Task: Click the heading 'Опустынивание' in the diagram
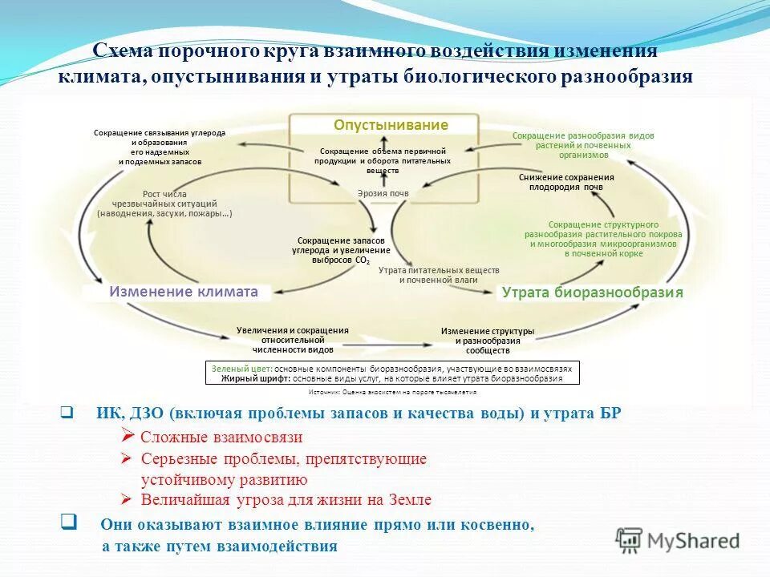tap(391, 125)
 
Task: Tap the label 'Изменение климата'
tap(184, 292)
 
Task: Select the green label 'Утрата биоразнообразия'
tap(592, 293)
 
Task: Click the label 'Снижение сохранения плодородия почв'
tap(566, 182)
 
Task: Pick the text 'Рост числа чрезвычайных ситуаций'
tap(164, 204)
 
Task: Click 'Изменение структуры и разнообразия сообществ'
tap(488, 341)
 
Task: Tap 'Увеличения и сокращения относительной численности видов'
tap(292, 340)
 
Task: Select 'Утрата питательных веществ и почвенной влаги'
tap(438, 275)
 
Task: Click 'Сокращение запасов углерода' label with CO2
tap(341, 250)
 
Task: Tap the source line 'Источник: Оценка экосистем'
tap(392, 392)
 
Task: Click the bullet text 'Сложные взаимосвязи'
tap(221, 437)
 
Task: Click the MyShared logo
tap(677, 540)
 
